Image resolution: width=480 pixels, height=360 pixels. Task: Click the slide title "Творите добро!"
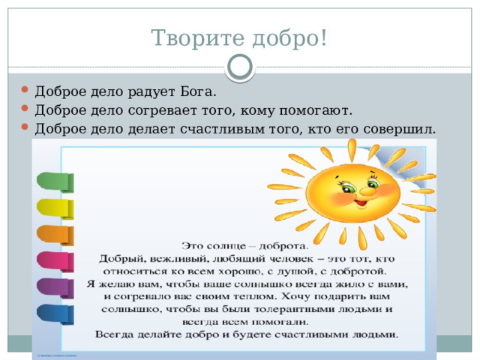[239, 37]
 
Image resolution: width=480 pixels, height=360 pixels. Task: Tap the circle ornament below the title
[239, 69]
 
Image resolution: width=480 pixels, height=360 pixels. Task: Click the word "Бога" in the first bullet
[198, 93]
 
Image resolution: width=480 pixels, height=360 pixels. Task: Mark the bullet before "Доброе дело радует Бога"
[27, 93]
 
